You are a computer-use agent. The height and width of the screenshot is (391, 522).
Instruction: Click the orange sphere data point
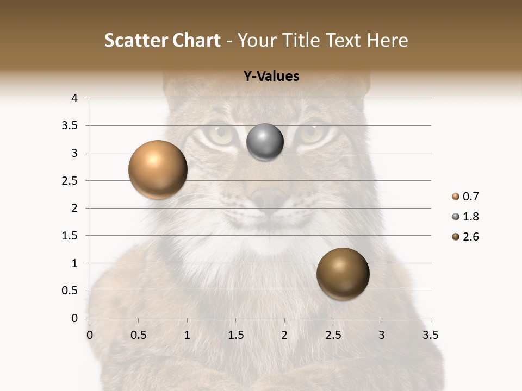[x=158, y=169]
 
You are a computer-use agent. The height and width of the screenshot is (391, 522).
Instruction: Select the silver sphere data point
[x=265, y=142]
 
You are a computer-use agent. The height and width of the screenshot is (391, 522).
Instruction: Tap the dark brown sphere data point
[x=343, y=274]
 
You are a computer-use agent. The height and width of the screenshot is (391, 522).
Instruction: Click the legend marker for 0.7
[x=455, y=197]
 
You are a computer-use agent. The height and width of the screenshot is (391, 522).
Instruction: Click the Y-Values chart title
[x=271, y=76]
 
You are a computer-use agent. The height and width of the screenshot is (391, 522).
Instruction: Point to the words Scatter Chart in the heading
[x=162, y=40]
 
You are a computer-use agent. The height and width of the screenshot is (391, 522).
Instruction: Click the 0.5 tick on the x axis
[x=138, y=335]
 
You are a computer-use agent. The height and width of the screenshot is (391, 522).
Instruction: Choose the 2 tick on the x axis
[x=284, y=335]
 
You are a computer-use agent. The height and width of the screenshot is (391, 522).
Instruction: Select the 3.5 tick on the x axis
[x=430, y=335]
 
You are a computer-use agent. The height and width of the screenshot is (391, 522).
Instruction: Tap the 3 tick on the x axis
[x=382, y=335]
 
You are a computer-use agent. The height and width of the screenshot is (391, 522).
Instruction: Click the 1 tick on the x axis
[x=187, y=335]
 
